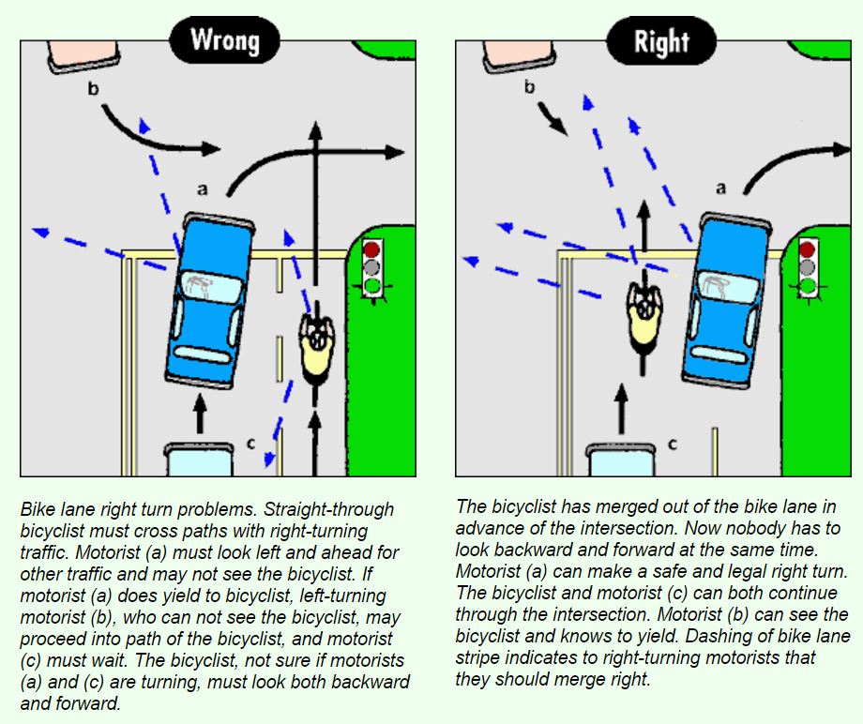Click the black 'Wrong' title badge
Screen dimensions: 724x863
pyautogui.click(x=224, y=40)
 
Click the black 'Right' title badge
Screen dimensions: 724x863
pyautogui.click(x=660, y=41)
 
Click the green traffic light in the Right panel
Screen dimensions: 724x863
pyautogui.click(x=807, y=285)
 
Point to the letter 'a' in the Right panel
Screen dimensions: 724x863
pyautogui.click(x=720, y=188)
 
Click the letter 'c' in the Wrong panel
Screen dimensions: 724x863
pyautogui.click(x=249, y=443)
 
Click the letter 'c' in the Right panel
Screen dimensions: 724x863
pyautogui.click(x=674, y=443)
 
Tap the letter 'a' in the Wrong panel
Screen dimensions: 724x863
pyautogui.click(x=202, y=189)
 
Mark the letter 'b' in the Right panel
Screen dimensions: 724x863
pyautogui.click(x=528, y=88)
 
